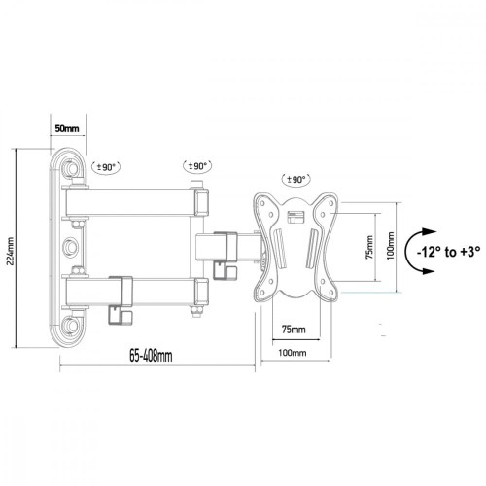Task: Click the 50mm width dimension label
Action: click(66, 127)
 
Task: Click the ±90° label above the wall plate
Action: click(103, 167)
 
